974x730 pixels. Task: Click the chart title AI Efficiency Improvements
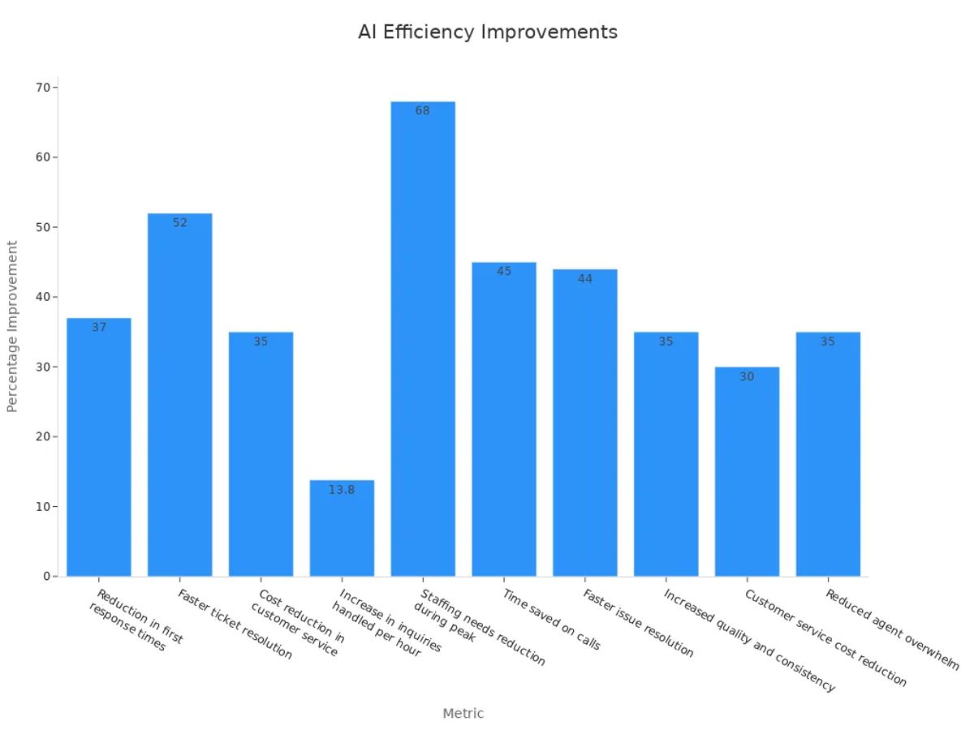(487, 32)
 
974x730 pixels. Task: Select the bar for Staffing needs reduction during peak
(423, 341)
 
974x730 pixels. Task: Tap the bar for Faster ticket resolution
(179, 397)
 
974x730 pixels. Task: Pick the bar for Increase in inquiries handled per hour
(342, 531)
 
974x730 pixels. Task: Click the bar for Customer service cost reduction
(747, 474)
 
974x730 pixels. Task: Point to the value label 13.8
(342, 490)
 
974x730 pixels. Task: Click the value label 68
(423, 110)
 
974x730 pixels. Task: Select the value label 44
(585, 279)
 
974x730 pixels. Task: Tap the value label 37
(99, 328)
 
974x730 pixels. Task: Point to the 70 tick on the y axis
(43, 87)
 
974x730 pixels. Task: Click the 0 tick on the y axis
(46, 577)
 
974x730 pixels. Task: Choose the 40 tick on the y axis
(43, 297)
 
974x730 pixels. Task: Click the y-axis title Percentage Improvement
(12, 326)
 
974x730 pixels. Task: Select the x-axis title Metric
(463, 714)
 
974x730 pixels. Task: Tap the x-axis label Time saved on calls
(552, 619)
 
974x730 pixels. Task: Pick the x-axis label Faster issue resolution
(638, 623)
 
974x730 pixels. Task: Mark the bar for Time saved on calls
(504, 422)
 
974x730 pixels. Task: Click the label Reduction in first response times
(134, 620)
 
